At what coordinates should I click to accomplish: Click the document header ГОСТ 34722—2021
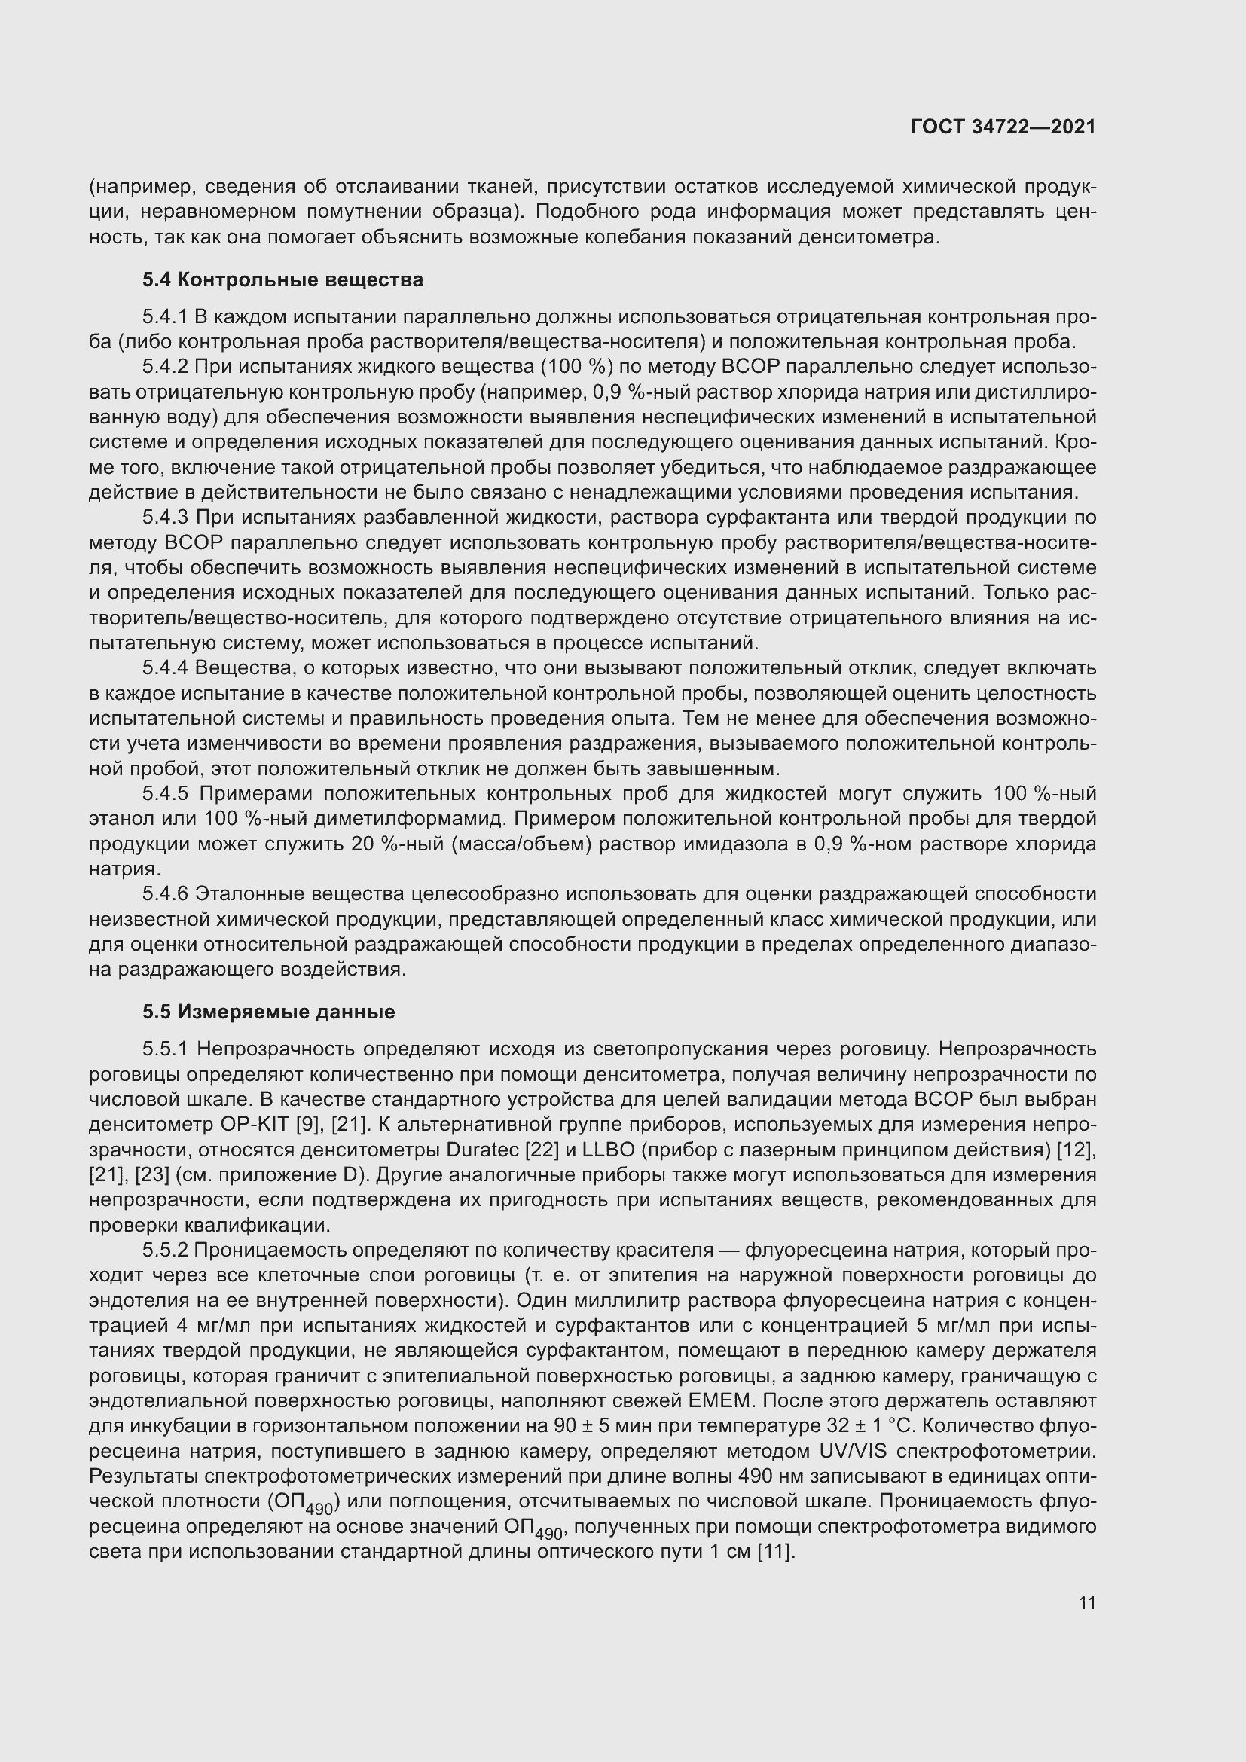1003,127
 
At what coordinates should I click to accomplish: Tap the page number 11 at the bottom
1086,1602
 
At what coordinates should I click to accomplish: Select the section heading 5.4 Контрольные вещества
282,279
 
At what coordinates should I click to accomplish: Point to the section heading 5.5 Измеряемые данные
268,1012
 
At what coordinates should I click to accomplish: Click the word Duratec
483,1150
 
